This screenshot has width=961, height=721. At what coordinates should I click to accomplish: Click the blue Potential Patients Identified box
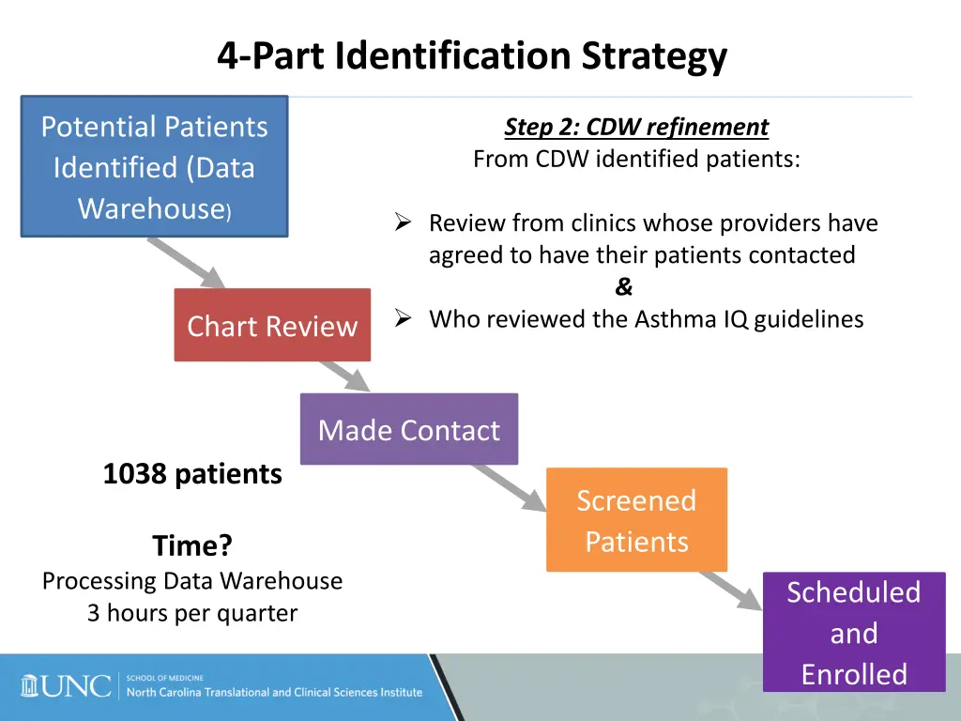pos(154,166)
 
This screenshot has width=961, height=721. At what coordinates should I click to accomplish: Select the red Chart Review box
pos(272,325)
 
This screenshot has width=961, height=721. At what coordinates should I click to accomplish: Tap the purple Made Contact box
pos(408,429)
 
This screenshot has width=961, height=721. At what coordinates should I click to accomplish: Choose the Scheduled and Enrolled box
pos(853,632)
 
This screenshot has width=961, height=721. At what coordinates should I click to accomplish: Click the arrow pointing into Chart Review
pos(188,264)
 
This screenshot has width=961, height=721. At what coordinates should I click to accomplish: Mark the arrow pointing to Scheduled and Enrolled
pos(732,590)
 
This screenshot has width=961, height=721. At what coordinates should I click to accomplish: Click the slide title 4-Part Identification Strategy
pos(472,56)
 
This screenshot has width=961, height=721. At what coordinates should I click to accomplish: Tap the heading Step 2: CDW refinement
pos(636,127)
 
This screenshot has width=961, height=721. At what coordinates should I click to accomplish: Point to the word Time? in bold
pos(192,545)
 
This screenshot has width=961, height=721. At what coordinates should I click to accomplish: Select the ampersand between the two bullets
pos(624,287)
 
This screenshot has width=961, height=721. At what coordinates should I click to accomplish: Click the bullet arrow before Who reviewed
pos(404,319)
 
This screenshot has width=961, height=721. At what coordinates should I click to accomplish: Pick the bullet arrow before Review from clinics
pos(404,222)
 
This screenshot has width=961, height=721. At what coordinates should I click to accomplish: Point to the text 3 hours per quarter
pos(192,613)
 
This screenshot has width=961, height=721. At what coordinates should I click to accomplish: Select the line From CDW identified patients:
pos(636,159)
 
